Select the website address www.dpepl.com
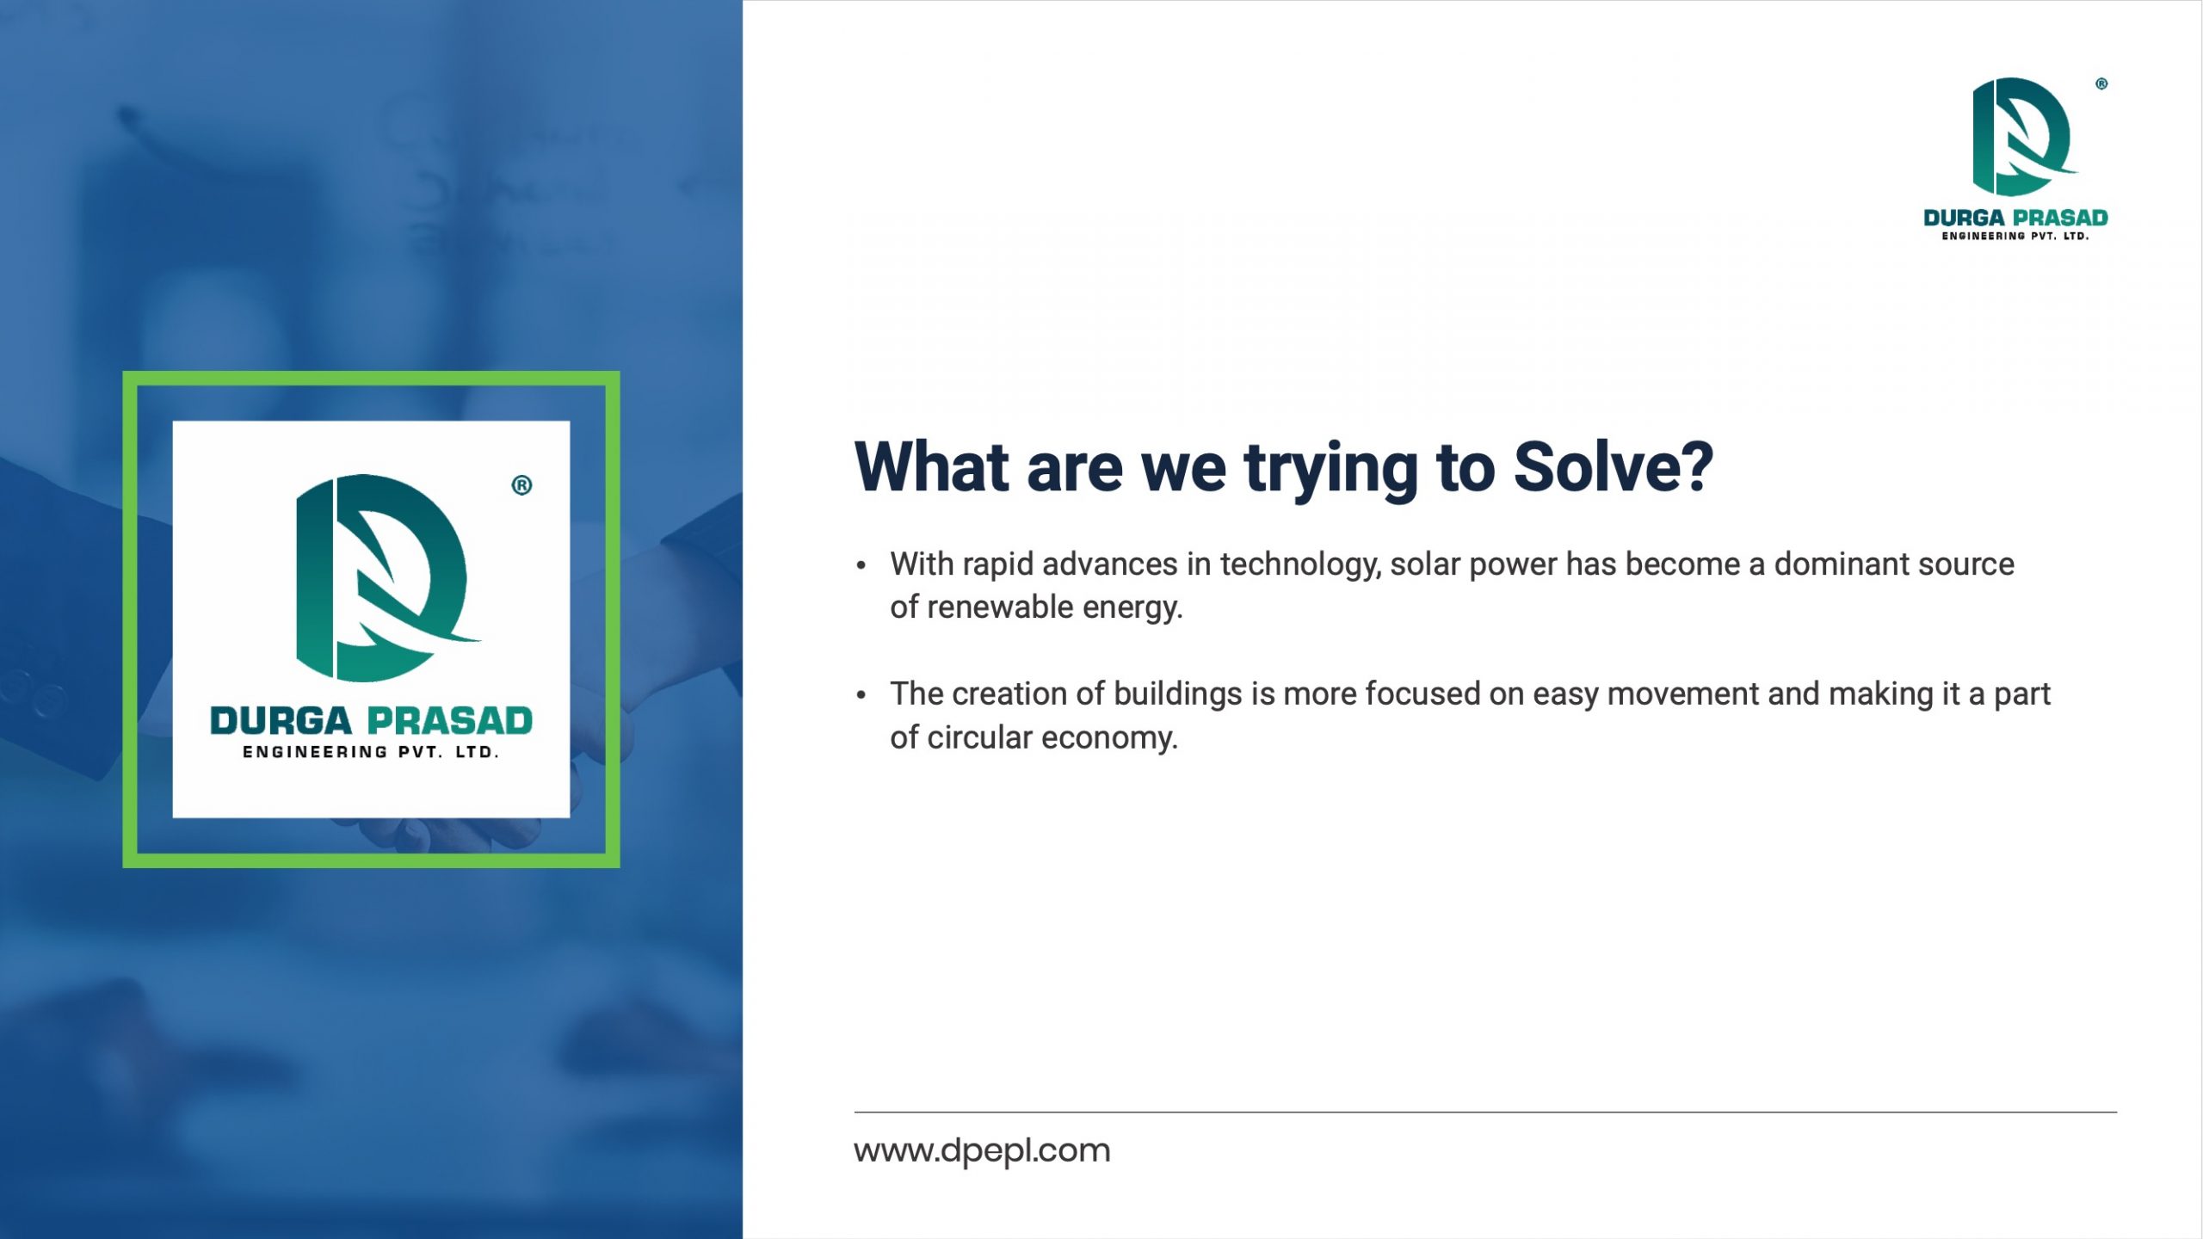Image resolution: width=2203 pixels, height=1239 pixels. click(x=982, y=1150)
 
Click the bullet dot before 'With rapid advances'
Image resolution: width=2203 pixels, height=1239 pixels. click(x=861, y=566)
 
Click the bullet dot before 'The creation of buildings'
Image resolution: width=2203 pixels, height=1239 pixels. click(x=861, y=695)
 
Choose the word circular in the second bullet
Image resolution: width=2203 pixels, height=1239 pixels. click(x=979, y=737)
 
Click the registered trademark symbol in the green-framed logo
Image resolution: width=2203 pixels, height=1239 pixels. click(x=521, y=485)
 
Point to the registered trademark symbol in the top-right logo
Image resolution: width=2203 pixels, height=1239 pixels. click(x=2101, y=84)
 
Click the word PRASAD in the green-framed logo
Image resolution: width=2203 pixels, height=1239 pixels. click(x=450, y=721)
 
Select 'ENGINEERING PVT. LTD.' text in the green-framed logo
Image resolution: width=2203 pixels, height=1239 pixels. click(x=371, y=752)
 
